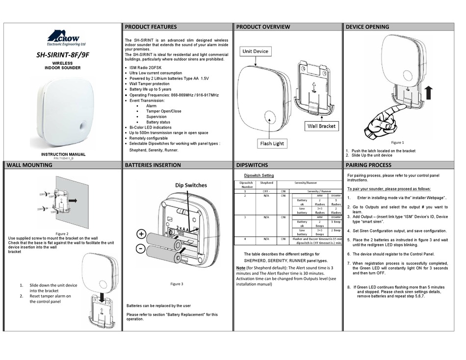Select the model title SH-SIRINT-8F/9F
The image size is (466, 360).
pos(63,55)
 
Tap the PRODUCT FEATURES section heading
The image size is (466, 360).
pos(151,27)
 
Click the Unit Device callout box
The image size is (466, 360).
pos(255,51)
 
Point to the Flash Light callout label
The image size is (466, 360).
pos(272,144)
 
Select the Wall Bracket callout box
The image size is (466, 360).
pos(321,126)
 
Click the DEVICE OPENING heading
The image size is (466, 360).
pos(367,27)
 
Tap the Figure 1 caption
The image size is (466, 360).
pos(397,143)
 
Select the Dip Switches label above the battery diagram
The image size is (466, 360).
pos(191,185)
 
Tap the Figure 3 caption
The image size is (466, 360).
pos(177,284)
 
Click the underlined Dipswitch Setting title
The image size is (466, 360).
pos(259,176)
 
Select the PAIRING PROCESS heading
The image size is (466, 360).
pos(368,165)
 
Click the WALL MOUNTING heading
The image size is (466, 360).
pos(29,165)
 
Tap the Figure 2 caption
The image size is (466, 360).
pos(62,234)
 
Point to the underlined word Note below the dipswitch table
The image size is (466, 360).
pos(241,268)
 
